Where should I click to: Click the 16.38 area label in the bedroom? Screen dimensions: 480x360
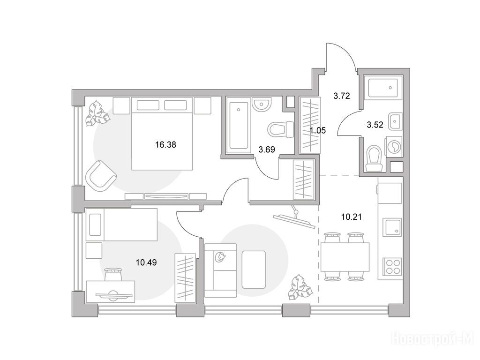(165, 144)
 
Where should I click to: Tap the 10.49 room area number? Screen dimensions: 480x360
(146, 262)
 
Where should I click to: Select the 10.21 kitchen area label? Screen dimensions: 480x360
(352, 217)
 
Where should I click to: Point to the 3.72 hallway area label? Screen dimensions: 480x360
(342, 96)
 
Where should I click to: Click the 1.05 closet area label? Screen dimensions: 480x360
(318, 131)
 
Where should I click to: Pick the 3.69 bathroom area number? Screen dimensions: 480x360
(267, 150)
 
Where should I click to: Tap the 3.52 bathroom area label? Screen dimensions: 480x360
(375, 125)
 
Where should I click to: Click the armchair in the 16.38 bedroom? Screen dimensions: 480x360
(101, 176)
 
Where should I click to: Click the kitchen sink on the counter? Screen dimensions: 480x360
(392, 227)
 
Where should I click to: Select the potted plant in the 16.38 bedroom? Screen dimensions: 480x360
(97, 114)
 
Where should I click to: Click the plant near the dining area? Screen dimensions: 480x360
(300, 287)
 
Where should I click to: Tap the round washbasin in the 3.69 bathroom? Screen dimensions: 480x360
(262, 104)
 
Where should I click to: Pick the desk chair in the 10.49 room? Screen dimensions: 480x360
(113, 275)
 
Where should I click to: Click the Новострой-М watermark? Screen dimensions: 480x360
(435, 338)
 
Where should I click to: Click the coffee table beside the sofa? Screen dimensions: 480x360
(254, 270)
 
